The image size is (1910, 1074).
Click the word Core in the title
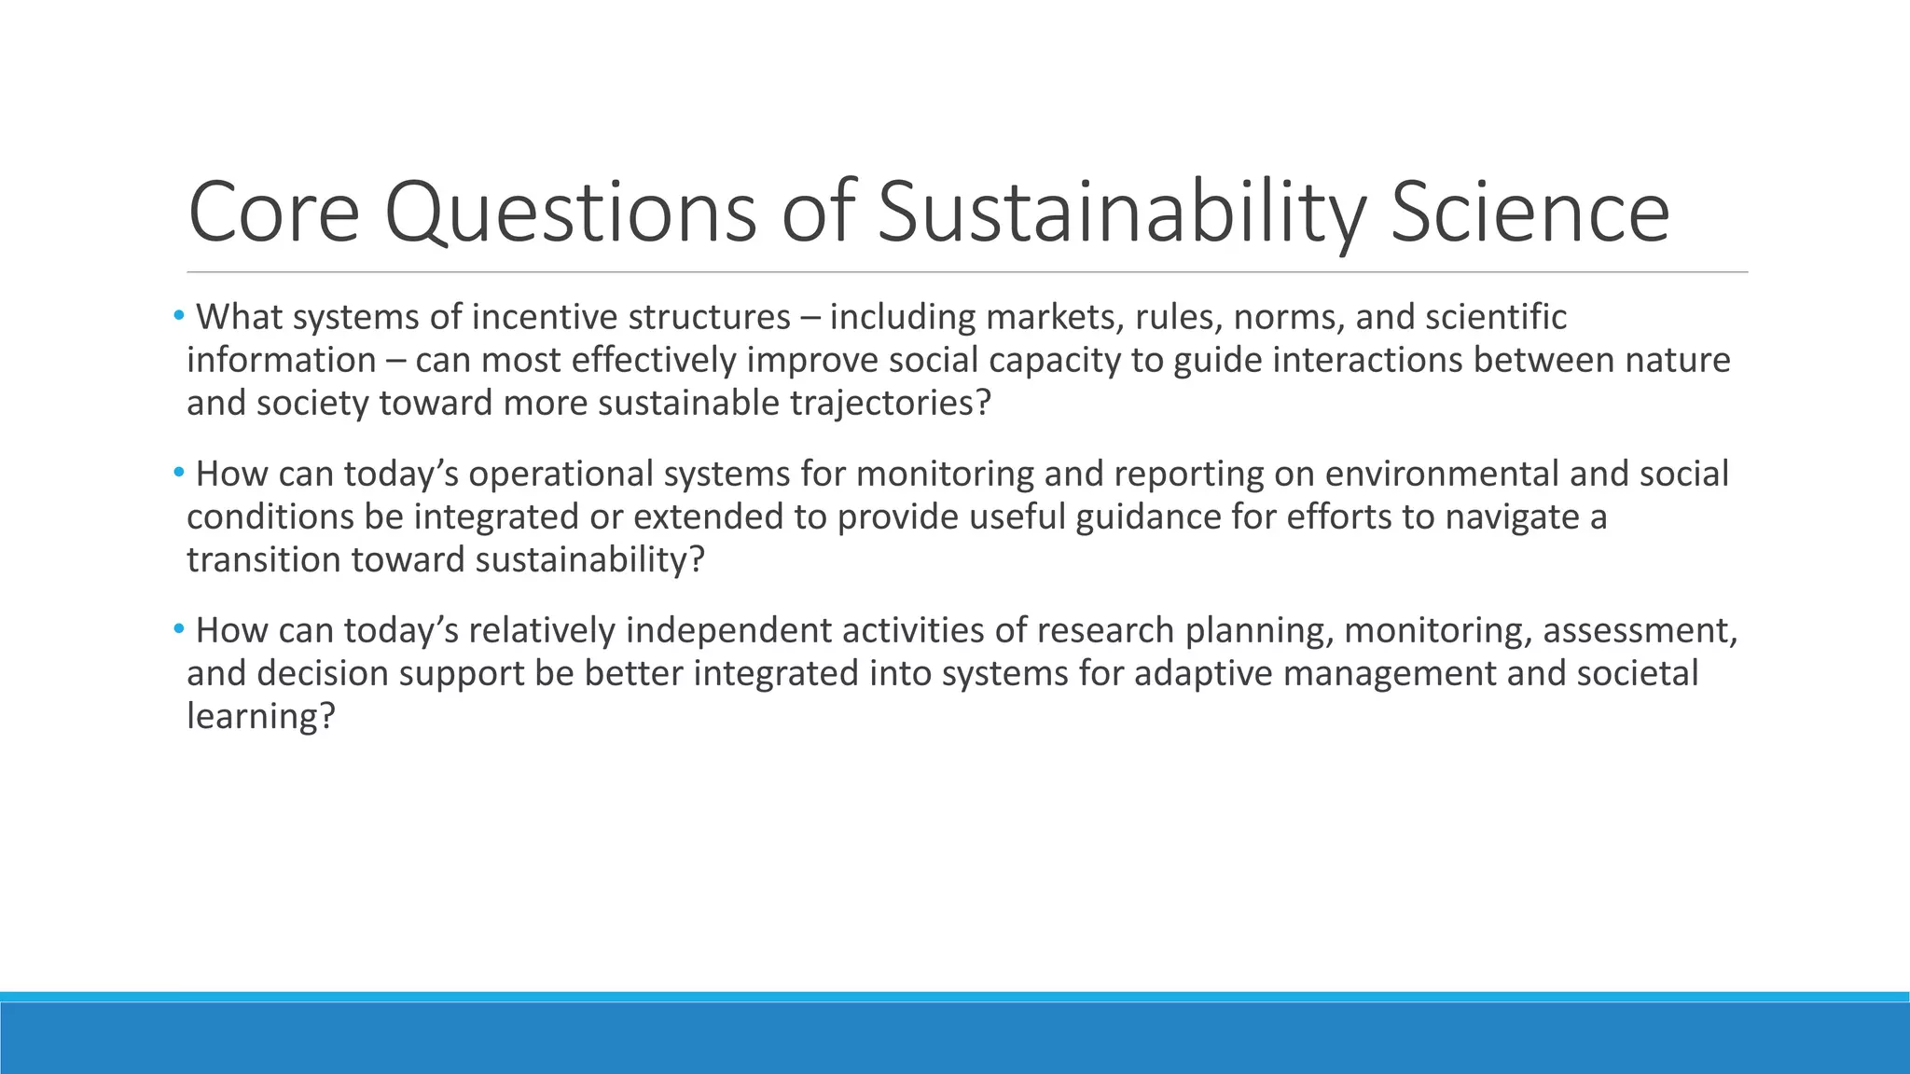coord(273,213)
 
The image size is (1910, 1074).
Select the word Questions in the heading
coord(570,213)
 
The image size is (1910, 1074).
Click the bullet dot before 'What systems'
coord(178,316)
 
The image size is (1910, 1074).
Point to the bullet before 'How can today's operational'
coord(178,473)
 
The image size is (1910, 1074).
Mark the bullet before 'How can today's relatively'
coord(178,629)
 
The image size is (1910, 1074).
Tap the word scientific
coord(1496,317)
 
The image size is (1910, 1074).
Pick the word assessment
coord(1639,630)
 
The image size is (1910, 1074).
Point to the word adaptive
coord(1203,673)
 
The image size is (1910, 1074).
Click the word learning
coord(259,716)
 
